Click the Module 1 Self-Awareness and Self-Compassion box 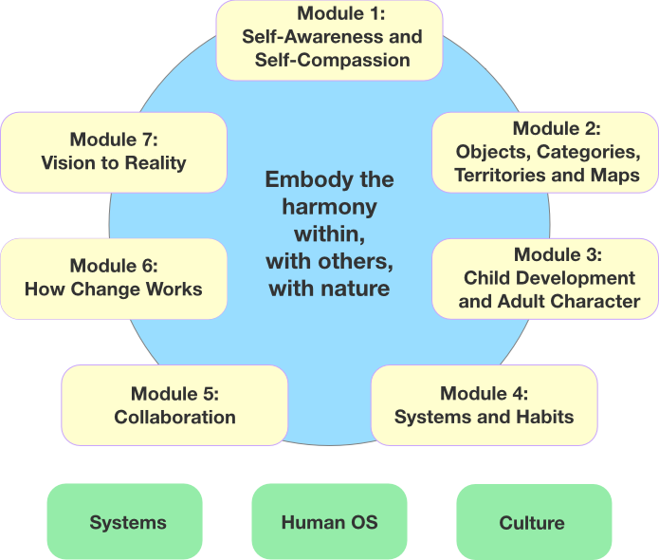click(x=329, y=39)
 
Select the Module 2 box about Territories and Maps click(x=545, y=152)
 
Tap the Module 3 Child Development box click(x=545, y=278)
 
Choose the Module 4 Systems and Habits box click(x=484, y=405)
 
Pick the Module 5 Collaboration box click(x=174, y=405)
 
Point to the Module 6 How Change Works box click(x=113, y=278)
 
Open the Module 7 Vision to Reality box click(x=113, y=152)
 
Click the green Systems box click(x=128, y=523)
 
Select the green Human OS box click(x=329, y=523)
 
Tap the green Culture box click(x=531, y=523)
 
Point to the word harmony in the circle click(x=329, y=206)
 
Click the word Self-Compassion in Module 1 click(x=332, y=60)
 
